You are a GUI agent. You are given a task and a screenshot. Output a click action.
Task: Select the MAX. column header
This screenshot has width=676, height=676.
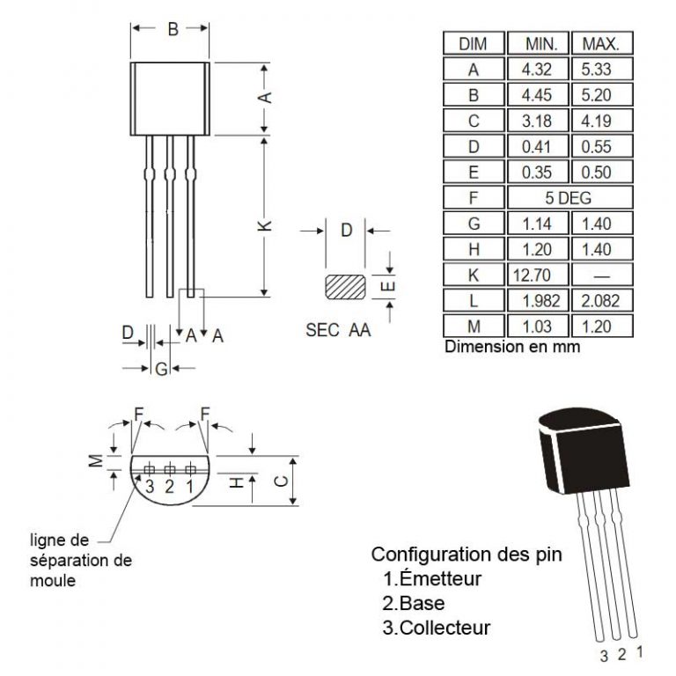pos(603,43)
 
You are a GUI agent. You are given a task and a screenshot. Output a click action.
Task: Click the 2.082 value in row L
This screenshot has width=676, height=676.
pos(603,301)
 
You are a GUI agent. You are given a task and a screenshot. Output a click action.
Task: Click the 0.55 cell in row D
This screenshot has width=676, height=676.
pos(603,146)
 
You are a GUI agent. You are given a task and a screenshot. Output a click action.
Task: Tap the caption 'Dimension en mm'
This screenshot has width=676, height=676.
pos(512,347)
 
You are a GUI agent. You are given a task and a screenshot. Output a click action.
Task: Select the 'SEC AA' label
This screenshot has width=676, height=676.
pos(338,331)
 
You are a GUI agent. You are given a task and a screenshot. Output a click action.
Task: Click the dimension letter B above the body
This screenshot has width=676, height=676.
pos(173,30)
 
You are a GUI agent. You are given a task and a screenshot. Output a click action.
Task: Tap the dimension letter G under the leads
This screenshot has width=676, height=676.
pos(161,369)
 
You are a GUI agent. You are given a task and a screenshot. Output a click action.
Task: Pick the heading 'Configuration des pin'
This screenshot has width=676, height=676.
pos(467,555)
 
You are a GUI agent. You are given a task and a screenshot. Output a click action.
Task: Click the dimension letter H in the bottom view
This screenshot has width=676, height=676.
pos(236,482)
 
